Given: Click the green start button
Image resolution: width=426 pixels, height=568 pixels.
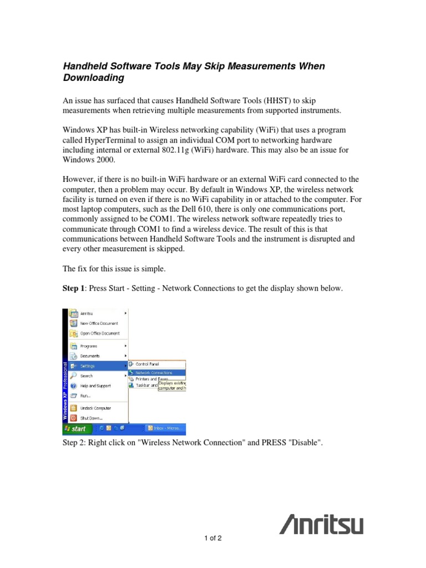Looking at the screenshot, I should tap(75, 429).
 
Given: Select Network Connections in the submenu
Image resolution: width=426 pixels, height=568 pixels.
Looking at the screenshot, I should tap(154, 373).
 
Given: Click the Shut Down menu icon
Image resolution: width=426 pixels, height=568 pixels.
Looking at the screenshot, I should tap(73, 418).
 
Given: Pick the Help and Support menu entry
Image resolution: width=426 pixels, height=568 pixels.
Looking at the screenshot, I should tap(95, 386).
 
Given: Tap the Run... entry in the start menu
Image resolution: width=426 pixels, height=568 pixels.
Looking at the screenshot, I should tap(85, 395).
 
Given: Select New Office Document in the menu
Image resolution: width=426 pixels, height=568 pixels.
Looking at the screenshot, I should tap(99, 323).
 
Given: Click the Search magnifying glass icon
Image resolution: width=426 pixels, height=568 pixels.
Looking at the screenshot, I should tap(73, 376).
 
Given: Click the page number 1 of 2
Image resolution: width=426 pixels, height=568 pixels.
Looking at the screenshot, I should tap(212, 538).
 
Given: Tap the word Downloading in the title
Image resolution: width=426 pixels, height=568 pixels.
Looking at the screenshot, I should tap(94, 78).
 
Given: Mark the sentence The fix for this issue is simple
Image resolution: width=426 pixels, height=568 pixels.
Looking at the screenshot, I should tap(114, 268).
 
